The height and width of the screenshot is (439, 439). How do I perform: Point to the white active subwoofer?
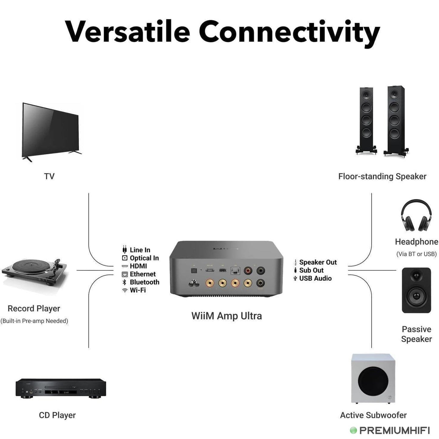pyautogui.click(x=373, y=379)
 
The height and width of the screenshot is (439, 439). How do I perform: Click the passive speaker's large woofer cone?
pyautogui.click(x=416, y=297)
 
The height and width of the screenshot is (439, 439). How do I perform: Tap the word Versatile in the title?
pyautogui.click(x=128, y=32)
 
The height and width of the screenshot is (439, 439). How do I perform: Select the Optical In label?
pyautogui.click(x=144, y=258)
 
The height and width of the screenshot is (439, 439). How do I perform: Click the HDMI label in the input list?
pyautogui.click(x=138, y=266)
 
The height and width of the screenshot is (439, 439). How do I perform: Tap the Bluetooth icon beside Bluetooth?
pyautogui.click(x=125, y=282)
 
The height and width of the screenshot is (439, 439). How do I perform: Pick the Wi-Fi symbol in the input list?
pyautogui.click(x=125, y=290)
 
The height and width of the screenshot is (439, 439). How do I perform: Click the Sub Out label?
pyautogui.click(x=311, y=270)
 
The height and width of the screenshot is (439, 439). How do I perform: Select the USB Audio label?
pyautogui.click(x=315, y=278)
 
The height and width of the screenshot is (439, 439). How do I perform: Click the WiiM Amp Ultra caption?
pyautogui.click(x=226, y=316)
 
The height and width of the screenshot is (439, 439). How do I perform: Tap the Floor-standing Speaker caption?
pyautogui.click(x=382, y=177)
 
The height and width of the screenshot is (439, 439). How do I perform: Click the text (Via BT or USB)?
pyautogui.click(x=416, y=254)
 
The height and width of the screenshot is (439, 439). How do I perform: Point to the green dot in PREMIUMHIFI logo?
pyautogui.click(x=353, y=430)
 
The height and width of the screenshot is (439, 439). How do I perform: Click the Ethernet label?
pyautogui.click(x=142, y=274)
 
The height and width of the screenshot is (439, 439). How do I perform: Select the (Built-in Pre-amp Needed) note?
pyautogui.click(x=34, y=321)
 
